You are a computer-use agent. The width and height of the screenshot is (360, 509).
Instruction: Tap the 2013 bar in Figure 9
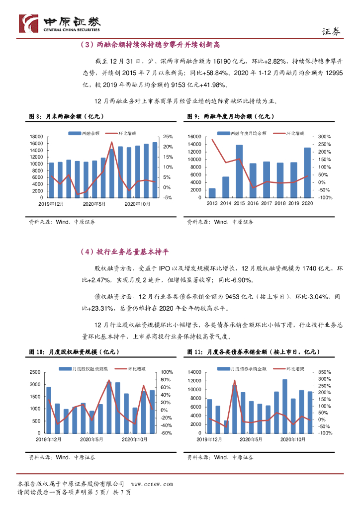coord(212,193)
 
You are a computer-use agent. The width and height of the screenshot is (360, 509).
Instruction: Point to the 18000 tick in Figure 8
coord(36,137)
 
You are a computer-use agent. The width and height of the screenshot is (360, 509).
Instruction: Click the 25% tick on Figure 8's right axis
coord(168,137)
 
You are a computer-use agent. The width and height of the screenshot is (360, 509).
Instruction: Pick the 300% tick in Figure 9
coord(324,137)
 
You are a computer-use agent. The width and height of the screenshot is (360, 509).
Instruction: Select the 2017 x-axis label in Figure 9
coord(267,203)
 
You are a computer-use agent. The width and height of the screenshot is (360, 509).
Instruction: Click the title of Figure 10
coord(73,352)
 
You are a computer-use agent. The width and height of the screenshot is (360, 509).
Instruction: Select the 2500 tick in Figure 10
coord(34,372)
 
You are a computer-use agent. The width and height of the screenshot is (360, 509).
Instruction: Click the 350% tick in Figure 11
coord(324,372)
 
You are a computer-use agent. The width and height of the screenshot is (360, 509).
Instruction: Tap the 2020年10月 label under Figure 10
coord(135,439)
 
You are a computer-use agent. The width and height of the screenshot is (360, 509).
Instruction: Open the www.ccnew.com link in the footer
coord(151,484)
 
